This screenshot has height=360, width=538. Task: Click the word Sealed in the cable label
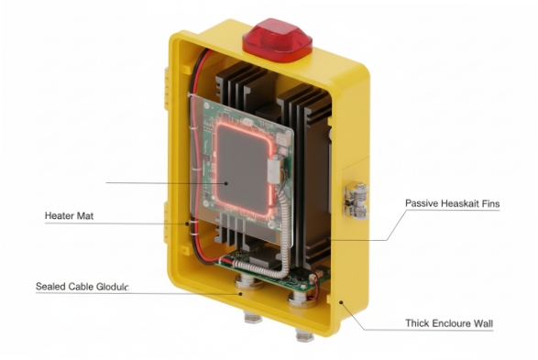(x=49, y=287)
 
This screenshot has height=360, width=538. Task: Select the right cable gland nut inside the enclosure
(x=299, y=300)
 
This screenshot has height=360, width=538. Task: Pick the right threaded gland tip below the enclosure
(x=305, y=334)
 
